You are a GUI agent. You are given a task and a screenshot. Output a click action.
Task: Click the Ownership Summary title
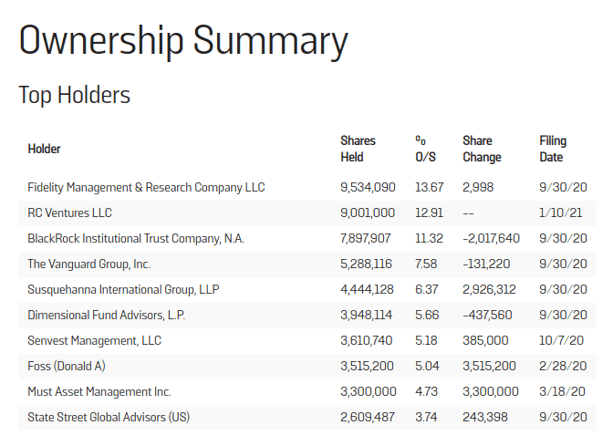point(183,41)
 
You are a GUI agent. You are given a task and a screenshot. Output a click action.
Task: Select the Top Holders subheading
point(75,95)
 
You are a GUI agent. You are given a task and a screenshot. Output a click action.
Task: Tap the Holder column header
point(44,149)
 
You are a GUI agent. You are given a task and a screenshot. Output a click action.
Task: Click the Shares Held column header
point(358,149)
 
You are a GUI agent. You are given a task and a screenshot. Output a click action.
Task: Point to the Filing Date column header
point(553,149)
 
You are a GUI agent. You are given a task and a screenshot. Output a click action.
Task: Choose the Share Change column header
point(482,149)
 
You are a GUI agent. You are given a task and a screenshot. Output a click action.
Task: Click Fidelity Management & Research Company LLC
point(146,187)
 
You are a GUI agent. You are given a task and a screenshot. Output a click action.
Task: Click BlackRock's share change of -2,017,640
point(492,239)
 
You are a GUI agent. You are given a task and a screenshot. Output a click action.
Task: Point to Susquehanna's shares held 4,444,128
point(368,290)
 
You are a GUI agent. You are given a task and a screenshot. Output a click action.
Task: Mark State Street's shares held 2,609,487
point(368,418)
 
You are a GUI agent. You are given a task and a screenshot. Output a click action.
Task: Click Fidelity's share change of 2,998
point(479,187)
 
